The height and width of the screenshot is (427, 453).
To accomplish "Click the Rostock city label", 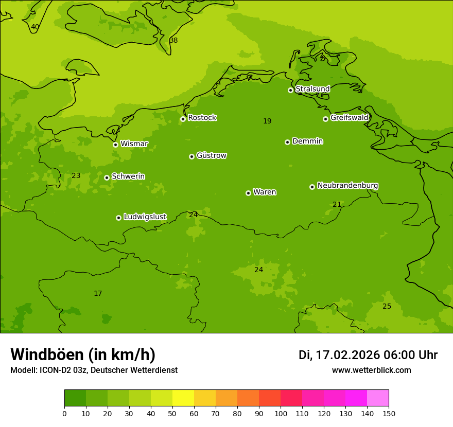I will click(202, 118).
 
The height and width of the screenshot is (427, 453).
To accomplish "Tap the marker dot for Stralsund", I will click(290, 90).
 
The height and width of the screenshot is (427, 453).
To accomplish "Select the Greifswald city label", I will click(349, 118).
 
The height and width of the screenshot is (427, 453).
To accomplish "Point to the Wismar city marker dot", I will click(115, 145).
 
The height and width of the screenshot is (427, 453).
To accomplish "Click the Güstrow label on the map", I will click(211, 155).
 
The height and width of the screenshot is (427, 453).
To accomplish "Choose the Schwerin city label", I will click(128, 176).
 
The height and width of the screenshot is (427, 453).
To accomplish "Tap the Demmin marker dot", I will click(287, 142).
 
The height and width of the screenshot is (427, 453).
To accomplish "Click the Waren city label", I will click(264, 192).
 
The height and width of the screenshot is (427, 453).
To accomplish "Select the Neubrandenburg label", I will click(347, 186).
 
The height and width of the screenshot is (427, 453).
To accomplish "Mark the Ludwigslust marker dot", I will click(118, 218).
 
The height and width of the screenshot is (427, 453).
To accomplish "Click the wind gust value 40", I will click(34, 27).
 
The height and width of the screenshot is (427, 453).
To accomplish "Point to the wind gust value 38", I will click(173, 40).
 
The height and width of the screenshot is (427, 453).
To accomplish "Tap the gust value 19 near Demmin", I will click(267, 121).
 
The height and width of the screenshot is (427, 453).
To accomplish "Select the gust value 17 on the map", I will click(98, 294).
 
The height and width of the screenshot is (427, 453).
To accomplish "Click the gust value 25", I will click(387, 307).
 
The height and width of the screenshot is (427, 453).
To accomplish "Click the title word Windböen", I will click(46, 354).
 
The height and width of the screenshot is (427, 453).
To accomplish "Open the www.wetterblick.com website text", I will click(371, 370).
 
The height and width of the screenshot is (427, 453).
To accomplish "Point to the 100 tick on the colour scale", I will click(281, 413).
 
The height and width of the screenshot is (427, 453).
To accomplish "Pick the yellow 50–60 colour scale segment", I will click(183, 398).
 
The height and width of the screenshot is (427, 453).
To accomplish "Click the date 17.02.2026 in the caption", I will click(347, 355).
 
